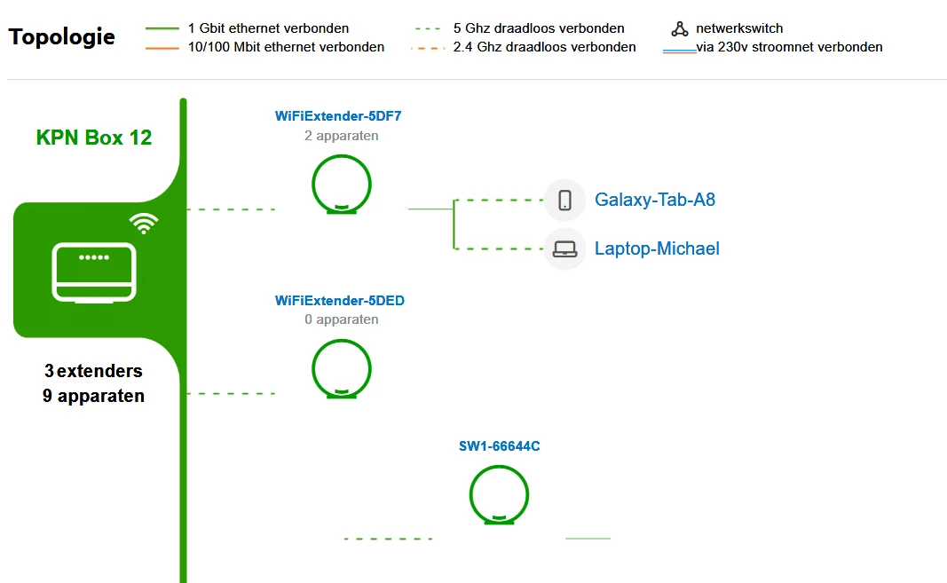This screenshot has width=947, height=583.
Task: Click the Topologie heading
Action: point(61,37)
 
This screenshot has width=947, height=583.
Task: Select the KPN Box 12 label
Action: point(94,138)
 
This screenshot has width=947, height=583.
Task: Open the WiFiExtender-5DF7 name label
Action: point(339,116)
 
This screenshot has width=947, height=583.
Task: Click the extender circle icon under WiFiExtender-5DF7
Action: point(342,185)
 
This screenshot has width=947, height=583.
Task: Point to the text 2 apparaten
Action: point(341,136)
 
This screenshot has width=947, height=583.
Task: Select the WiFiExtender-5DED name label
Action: point(340,301)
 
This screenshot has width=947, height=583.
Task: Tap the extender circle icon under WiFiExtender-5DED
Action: point(342,368)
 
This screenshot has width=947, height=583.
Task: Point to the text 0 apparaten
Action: point(341,319)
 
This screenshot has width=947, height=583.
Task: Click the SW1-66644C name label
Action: point(499,446)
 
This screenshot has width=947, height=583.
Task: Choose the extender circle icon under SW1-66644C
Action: point(499,494)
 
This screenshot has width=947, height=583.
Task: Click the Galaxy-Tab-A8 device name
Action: point(655,200)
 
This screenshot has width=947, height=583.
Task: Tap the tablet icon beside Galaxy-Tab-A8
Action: point(564,200)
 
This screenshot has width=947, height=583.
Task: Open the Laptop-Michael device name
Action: point(657,248)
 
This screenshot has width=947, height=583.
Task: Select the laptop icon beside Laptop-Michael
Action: point(564,248)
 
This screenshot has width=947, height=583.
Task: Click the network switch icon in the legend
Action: point(680,29)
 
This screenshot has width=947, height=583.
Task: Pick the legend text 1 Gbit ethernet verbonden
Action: point(269,28)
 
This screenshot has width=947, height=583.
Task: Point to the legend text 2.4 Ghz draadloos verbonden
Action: point(544,47)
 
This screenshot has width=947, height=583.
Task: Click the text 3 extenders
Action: point(93,371)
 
